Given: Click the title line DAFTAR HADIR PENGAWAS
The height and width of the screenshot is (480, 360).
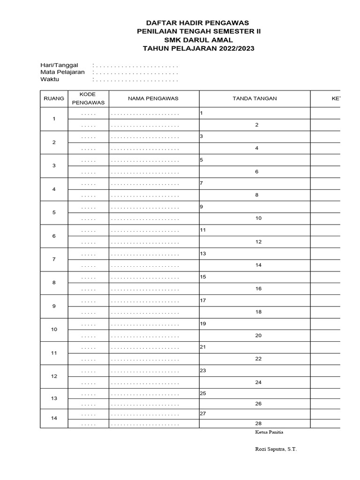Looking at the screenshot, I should tap(197, 22).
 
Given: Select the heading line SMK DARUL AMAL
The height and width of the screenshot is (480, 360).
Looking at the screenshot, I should tap(197, 40).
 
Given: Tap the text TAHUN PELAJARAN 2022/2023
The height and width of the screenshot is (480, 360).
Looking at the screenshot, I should tap(197, 48).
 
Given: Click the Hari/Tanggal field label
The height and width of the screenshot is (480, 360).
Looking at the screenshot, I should tap(59, 65).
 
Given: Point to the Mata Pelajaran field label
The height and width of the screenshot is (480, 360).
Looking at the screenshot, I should tap(62, 72).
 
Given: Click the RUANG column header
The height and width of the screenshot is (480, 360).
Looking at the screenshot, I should tap(54, 99).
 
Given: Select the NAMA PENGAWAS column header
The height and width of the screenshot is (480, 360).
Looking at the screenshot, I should tap(153, 99).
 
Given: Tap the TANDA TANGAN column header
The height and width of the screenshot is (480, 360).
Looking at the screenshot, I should tap(255, 99).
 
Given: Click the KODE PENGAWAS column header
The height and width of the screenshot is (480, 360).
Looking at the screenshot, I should tap(88, 98).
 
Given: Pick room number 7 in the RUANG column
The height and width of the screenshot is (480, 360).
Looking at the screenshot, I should tap(54, 259).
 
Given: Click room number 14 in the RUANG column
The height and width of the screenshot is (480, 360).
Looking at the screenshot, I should tap(54, 418).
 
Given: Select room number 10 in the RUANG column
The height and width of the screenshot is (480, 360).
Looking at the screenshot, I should tap(54, 330).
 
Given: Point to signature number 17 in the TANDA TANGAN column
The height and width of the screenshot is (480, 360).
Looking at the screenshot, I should tap(203, 300).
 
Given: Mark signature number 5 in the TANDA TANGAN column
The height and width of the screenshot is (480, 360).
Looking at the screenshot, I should tap(202, 160).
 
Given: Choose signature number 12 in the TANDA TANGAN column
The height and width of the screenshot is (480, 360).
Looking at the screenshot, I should tap(258, 242).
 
